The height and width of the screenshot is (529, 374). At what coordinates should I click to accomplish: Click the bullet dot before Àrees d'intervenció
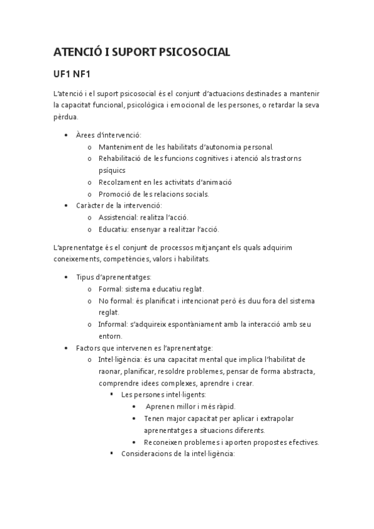66,135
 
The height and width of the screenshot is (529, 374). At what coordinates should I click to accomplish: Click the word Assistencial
118,217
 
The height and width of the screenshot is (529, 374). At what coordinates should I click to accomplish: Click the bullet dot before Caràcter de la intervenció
66,205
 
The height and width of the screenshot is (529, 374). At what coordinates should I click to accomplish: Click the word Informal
113,324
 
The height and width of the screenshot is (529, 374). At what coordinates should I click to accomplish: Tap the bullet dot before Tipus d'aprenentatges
66,277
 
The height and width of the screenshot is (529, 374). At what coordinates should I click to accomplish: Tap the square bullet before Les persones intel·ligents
111,395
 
